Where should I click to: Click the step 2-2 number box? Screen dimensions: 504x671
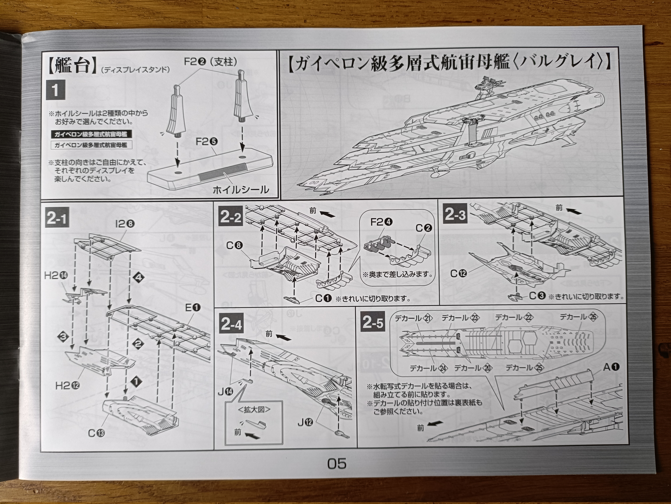tap(231, 217)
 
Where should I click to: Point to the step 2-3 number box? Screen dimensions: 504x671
tap(455, 215)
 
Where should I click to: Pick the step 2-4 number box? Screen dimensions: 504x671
tap(231, 325)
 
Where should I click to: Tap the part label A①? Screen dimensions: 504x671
tap(611, 367)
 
